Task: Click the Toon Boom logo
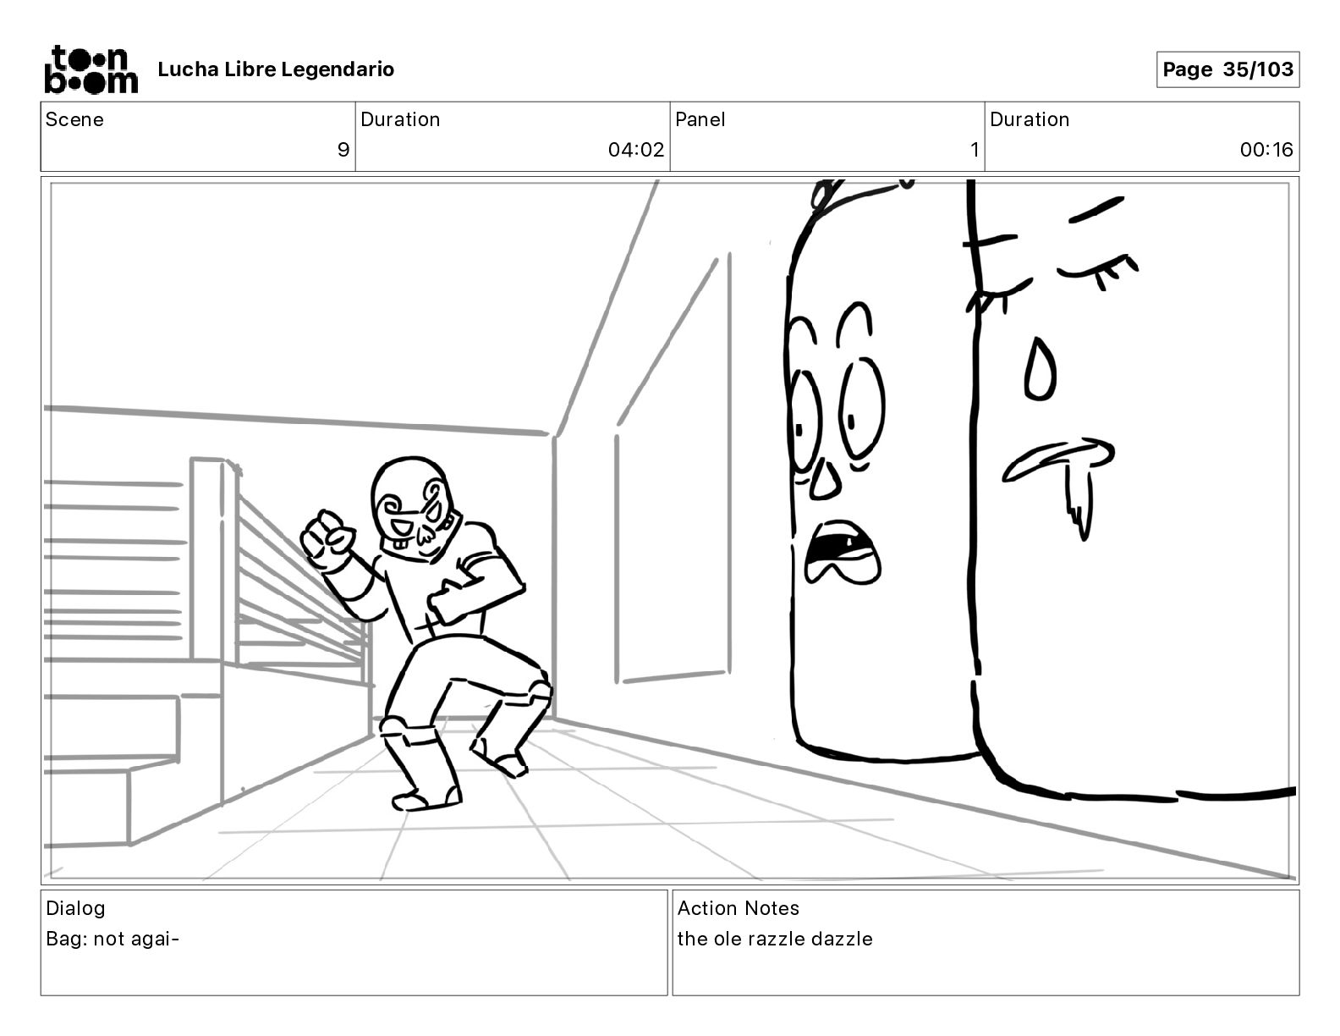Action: point(91,69)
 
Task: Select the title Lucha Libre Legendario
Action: point(276,69)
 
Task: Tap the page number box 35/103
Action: point(1227,69)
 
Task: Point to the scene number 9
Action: point(343,149)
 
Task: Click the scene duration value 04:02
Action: point(636,149)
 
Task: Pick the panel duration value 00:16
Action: point(1266,149)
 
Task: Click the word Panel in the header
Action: point(700,119)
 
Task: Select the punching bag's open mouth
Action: point(843,552)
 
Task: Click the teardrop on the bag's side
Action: point(1041,369)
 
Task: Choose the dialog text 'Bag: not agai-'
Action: point(113,939)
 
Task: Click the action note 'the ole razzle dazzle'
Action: point(775,939)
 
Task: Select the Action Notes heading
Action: point(739,907)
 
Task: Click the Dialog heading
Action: point(75,908)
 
